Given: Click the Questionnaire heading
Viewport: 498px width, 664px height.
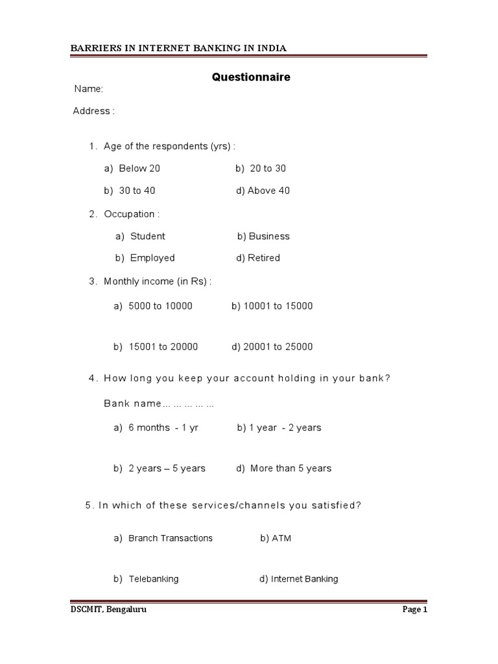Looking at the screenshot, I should click(x=252, y=77).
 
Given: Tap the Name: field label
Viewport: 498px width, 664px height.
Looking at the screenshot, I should click(x=89, y=89).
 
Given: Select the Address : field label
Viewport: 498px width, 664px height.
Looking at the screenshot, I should click(x=93, y=111).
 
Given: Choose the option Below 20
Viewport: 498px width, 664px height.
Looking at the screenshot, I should click(x=139, y=169).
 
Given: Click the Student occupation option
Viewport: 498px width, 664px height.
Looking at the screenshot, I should click(x=147, y=236).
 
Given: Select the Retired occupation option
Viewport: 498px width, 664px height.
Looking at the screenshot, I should click(x=263, y=258).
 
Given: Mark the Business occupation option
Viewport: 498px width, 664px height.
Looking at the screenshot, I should click(x=268, y=236).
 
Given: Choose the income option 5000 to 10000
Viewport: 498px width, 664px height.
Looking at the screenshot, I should click(x=160, y=306).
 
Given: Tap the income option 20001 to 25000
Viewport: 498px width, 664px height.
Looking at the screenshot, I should click(x=278, y=347).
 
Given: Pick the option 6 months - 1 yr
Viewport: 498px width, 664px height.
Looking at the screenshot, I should click(x=163, y=428).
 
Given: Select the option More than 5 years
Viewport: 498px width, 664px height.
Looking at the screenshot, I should click(x=290, y=468).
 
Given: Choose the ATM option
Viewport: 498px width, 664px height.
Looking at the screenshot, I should click(x=281, y=538).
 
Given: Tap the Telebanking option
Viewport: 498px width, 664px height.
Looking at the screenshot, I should click(x=153, y=579).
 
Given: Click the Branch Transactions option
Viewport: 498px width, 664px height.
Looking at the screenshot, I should click(x=170, y=538).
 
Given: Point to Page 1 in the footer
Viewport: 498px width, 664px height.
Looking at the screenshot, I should click(x=414, y=610).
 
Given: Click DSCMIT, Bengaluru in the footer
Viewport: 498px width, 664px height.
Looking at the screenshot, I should click(x=104, y=610).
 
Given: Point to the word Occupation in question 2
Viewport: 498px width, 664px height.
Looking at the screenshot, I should click(x=129, y=214).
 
